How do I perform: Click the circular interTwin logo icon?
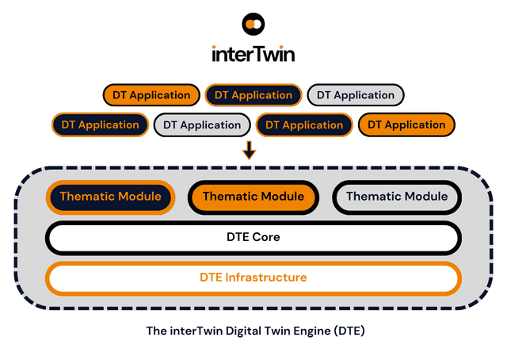click(x=253, y=25)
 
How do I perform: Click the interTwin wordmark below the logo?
click(x=253, y=54)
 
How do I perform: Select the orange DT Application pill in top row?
click(x=151, y=95)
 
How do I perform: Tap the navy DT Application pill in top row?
click(x=253, y=95)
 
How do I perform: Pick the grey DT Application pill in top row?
click(x=355, y=95)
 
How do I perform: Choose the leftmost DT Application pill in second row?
click(x=100, y=124)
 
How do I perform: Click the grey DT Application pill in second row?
click(x=202, y=124)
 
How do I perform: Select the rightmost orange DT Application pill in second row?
click(x=406, y=124)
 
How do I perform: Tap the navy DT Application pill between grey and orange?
click(x=304, y=124)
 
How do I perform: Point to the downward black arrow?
click(x=249, y=149)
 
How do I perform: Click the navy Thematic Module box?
click(x=110, y=197)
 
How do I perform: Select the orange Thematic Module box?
click(x=253, y=197)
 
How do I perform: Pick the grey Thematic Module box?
click(x=396, y=197)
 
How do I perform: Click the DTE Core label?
click(x=253, y=237)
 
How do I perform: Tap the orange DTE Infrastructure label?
click(x=253, y=278)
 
